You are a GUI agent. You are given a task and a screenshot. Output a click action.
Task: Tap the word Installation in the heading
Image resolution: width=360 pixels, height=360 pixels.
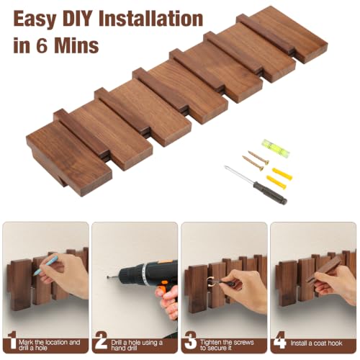[x=151, y=19]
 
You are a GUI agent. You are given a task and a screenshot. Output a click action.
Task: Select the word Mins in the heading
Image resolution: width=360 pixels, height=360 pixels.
[x=76, y=45]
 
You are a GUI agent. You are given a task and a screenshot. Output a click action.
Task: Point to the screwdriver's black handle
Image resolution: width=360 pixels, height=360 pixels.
[x=271, y=192]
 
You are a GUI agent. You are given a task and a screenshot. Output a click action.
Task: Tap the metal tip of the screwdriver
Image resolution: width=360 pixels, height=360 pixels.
[x=225, y=167]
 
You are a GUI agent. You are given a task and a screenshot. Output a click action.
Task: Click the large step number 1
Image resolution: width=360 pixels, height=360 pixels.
[x=12, y=341]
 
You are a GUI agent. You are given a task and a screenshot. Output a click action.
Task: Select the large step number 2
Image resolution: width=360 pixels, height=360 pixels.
[x=101, y=341]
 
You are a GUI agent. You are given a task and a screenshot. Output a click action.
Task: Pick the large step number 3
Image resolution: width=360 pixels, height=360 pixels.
[x=190, y=341]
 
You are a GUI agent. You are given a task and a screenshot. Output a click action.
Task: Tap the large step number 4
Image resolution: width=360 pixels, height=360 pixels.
[x=279, y=341]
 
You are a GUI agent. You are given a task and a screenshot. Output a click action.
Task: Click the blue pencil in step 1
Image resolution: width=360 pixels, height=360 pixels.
[x=45, y=266]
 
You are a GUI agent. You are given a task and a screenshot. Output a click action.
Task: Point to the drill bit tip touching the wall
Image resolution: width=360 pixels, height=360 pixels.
[x=108, y=277]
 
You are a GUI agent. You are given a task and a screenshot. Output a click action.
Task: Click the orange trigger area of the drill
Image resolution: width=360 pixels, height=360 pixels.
[x=164, y=287]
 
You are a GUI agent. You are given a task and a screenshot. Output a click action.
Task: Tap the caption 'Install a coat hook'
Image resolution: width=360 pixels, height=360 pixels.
[x=316, y=343]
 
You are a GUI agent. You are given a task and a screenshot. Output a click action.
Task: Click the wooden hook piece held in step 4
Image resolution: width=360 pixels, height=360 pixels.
[x=324, y=269]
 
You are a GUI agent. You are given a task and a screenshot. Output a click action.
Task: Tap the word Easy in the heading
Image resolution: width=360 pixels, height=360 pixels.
[x=35, y=20]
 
